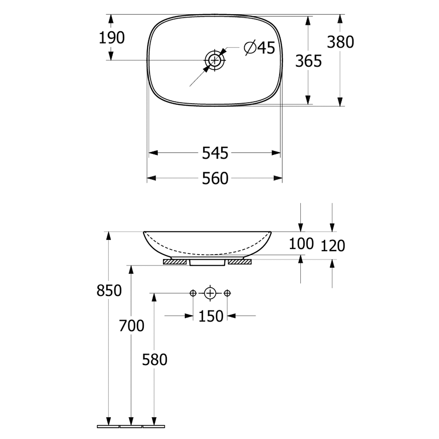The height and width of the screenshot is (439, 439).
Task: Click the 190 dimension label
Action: (x=112, y=38)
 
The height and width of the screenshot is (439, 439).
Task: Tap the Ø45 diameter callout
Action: (x=260, y=47)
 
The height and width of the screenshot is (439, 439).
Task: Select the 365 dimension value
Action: (x=308, y=61)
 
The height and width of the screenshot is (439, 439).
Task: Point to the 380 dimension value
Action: (x=340, y=42)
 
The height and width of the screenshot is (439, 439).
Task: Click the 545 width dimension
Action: (x=215, y=153)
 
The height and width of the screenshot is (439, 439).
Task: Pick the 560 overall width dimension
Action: (x=215, y=178)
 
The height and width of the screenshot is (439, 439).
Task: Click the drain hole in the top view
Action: (x=215, y=60)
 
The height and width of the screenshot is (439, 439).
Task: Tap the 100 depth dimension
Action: (x=301, y=243)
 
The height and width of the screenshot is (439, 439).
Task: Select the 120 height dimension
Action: (x=333, y=246)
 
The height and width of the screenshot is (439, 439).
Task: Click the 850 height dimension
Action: (x=109, y=291)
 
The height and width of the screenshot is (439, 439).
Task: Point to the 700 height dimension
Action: (x=131, y=325)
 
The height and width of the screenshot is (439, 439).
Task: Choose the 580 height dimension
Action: (x=155, y=359)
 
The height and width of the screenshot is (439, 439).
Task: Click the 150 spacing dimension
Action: (x=211, y=316)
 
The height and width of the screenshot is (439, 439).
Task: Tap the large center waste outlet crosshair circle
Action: (x=210, y=293)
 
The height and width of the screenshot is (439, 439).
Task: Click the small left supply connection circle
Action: (x=193, y=293)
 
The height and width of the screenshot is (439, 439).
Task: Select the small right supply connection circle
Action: (x=227, y=293)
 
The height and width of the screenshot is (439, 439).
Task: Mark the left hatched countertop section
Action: (x=175, y=262)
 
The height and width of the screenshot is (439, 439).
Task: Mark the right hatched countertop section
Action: (x=239, y=262)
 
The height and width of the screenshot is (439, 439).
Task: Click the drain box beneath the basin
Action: (x=207, y=263)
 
